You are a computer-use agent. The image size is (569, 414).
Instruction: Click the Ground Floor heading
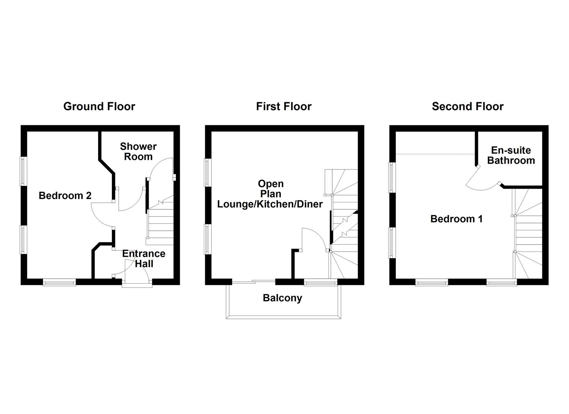click(x=99, y=106)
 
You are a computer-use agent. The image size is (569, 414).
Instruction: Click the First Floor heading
click(x=284, y=106)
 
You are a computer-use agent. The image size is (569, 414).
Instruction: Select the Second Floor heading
click(x=467, y=106)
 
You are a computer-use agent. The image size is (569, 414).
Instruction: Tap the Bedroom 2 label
click(x=65, y=195)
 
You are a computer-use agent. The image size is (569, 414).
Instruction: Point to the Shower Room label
click(x=138, y=151)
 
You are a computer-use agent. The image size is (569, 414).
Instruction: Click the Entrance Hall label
click(x=144, y=258)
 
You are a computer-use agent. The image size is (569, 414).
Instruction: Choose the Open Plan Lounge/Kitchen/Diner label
click(x=270, y=194)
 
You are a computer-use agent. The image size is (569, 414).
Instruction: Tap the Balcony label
click(x=282, y=298)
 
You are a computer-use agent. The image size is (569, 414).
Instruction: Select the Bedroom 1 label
click(x=456, y=219)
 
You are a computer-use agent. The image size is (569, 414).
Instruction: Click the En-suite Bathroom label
click(x=511, y=155)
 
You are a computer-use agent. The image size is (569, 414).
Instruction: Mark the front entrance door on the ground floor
click(x=137, y=283)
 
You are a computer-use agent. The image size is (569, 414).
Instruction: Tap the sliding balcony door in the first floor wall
click(x=254, y=282)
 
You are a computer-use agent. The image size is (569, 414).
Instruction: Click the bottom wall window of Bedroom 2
click(x=59, y=283)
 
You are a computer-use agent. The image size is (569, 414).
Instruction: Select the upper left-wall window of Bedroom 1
click(x=392, y=177)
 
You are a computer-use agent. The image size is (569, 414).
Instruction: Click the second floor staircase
click(x=528, y=234)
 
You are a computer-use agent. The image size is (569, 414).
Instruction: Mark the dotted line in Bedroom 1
click(x=435, y=154)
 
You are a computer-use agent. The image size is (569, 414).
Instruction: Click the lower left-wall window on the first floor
click(x=208, y=239)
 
